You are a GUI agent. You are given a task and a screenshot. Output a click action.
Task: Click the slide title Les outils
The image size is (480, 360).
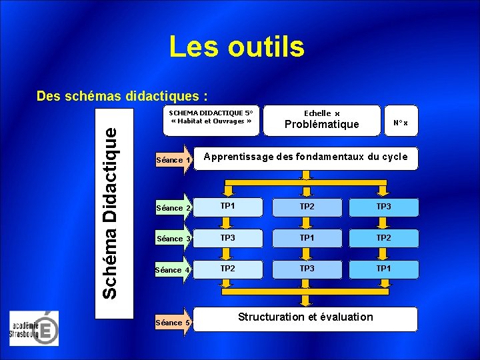coord(237,47)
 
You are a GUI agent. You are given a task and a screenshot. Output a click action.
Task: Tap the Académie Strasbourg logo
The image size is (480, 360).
coord(34,329)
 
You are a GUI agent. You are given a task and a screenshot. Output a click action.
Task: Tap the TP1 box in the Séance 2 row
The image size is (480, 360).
coord(228,207)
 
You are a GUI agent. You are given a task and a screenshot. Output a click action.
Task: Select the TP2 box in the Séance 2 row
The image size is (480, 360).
coord(307,207)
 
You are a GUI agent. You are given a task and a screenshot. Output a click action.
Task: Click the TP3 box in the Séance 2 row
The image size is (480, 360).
coord(383,207)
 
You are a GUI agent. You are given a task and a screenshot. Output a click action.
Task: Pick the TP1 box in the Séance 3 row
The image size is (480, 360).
coord(307,238)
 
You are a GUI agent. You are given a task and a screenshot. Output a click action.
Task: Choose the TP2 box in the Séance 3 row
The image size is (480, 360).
coord(383,238)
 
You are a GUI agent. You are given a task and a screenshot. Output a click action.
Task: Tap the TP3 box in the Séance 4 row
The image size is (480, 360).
coord(307,269)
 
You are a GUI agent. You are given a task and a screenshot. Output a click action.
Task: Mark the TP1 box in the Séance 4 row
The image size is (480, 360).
coord(383,269)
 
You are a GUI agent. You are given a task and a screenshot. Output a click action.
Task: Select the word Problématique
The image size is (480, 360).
coord(321,125)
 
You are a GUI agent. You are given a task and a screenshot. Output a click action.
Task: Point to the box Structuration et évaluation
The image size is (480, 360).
coord(305,317)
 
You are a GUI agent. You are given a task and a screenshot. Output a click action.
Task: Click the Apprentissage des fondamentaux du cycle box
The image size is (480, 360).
coord(305,157)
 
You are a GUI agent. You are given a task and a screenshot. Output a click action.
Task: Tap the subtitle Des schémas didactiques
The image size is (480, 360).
coord(126,96)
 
